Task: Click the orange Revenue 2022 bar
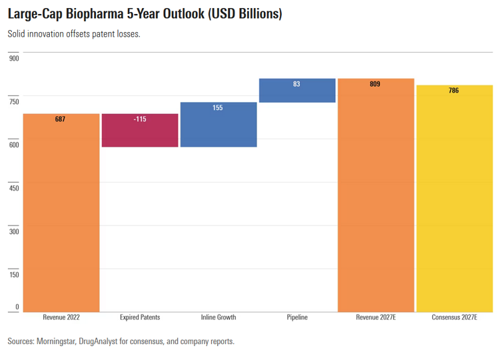click(x=61, y=213)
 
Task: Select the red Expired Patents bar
click(x=140, y=131)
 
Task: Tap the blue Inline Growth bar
click(x=219, y=125)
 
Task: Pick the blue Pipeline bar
click(x=297, y=91)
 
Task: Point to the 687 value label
click(x=61, y=119)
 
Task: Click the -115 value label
click(x=140, y=119)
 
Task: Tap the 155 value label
click(x=219, y=107)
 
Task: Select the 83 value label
click(x=297, y=85)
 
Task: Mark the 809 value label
click(x=376, y=85)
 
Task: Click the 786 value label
click(x=454, y=91)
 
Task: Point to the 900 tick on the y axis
click(x=14, y=59)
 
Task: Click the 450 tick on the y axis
click(x=14, y=188)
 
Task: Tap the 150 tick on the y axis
click(x=14, y=274)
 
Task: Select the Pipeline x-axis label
click(x=297, y=317)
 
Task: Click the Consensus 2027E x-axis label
click(x=454, y=317)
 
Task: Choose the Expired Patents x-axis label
click(x=140, y=317)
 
